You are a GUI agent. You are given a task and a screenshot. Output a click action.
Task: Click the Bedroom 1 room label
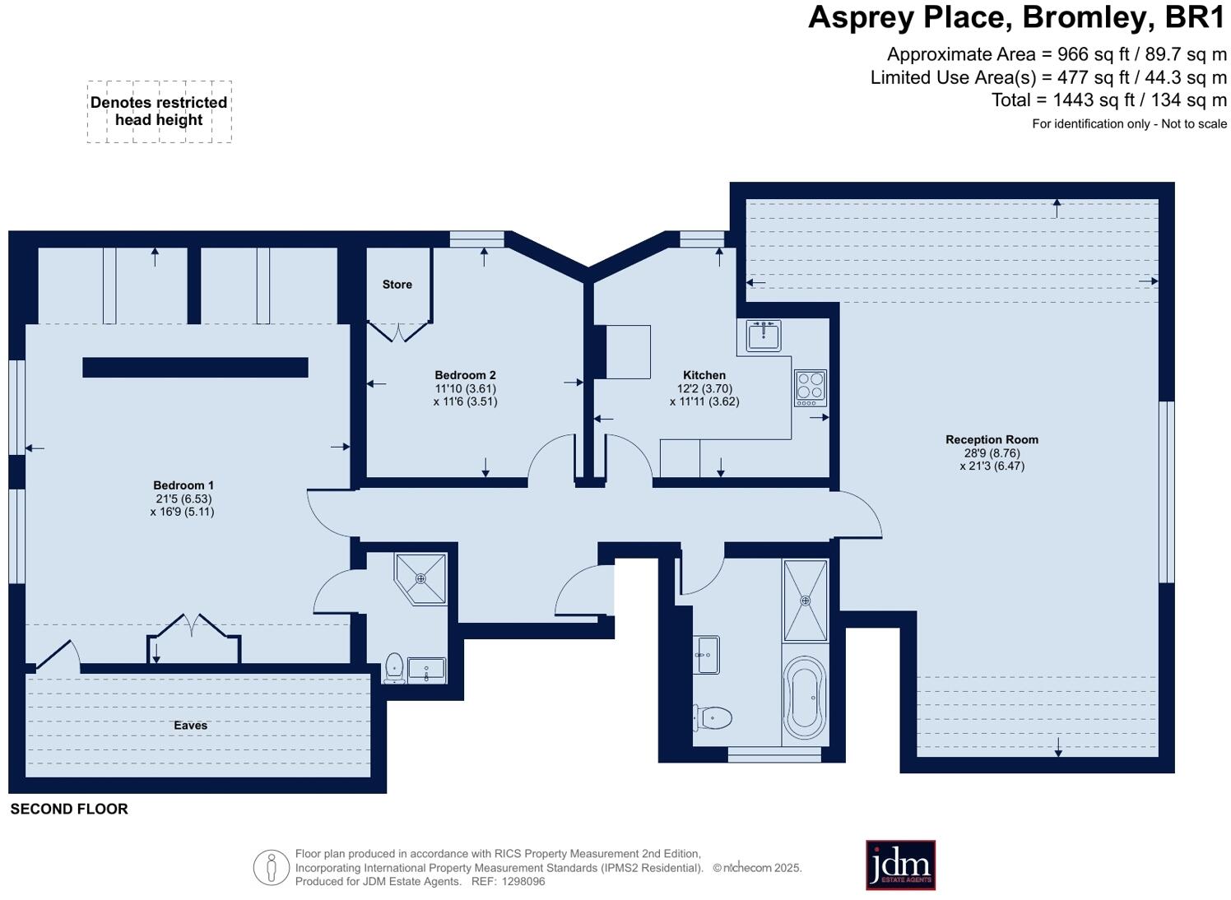click(183, 485)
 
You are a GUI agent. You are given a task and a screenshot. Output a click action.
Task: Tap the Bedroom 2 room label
click(465, 375)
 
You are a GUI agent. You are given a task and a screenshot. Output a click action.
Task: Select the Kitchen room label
click(704, 375)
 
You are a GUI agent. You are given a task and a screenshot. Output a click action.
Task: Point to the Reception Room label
click(992, 440)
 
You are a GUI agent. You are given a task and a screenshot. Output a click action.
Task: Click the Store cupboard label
click(397, 285)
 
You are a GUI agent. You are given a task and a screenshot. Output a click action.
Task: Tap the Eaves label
click(190, 726)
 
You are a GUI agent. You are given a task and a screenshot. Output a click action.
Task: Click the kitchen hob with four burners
click(810, 388)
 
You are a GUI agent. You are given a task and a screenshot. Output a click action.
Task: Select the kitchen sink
click(764, 335)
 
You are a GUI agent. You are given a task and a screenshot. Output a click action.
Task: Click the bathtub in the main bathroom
click(804, 698)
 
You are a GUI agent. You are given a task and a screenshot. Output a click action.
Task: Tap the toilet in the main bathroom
click(713, 717)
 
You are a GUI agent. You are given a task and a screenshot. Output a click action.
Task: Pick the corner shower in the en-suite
click(421, 578)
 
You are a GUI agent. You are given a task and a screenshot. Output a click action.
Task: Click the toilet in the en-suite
click(395, 668)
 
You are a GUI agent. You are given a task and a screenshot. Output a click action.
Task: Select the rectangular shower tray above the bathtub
click(805, 601)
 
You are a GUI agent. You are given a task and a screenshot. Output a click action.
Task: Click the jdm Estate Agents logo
click(900, 865)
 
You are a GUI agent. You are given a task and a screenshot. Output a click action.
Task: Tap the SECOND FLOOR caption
click(69, 810)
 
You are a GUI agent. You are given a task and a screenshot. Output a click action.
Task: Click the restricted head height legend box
click(159, 112)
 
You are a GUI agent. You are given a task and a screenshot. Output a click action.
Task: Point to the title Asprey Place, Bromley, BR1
click(1016, 18)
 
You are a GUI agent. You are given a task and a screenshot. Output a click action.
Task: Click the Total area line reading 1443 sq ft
click(1108, 100)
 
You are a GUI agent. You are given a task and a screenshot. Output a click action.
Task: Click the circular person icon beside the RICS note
click(271, 868)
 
